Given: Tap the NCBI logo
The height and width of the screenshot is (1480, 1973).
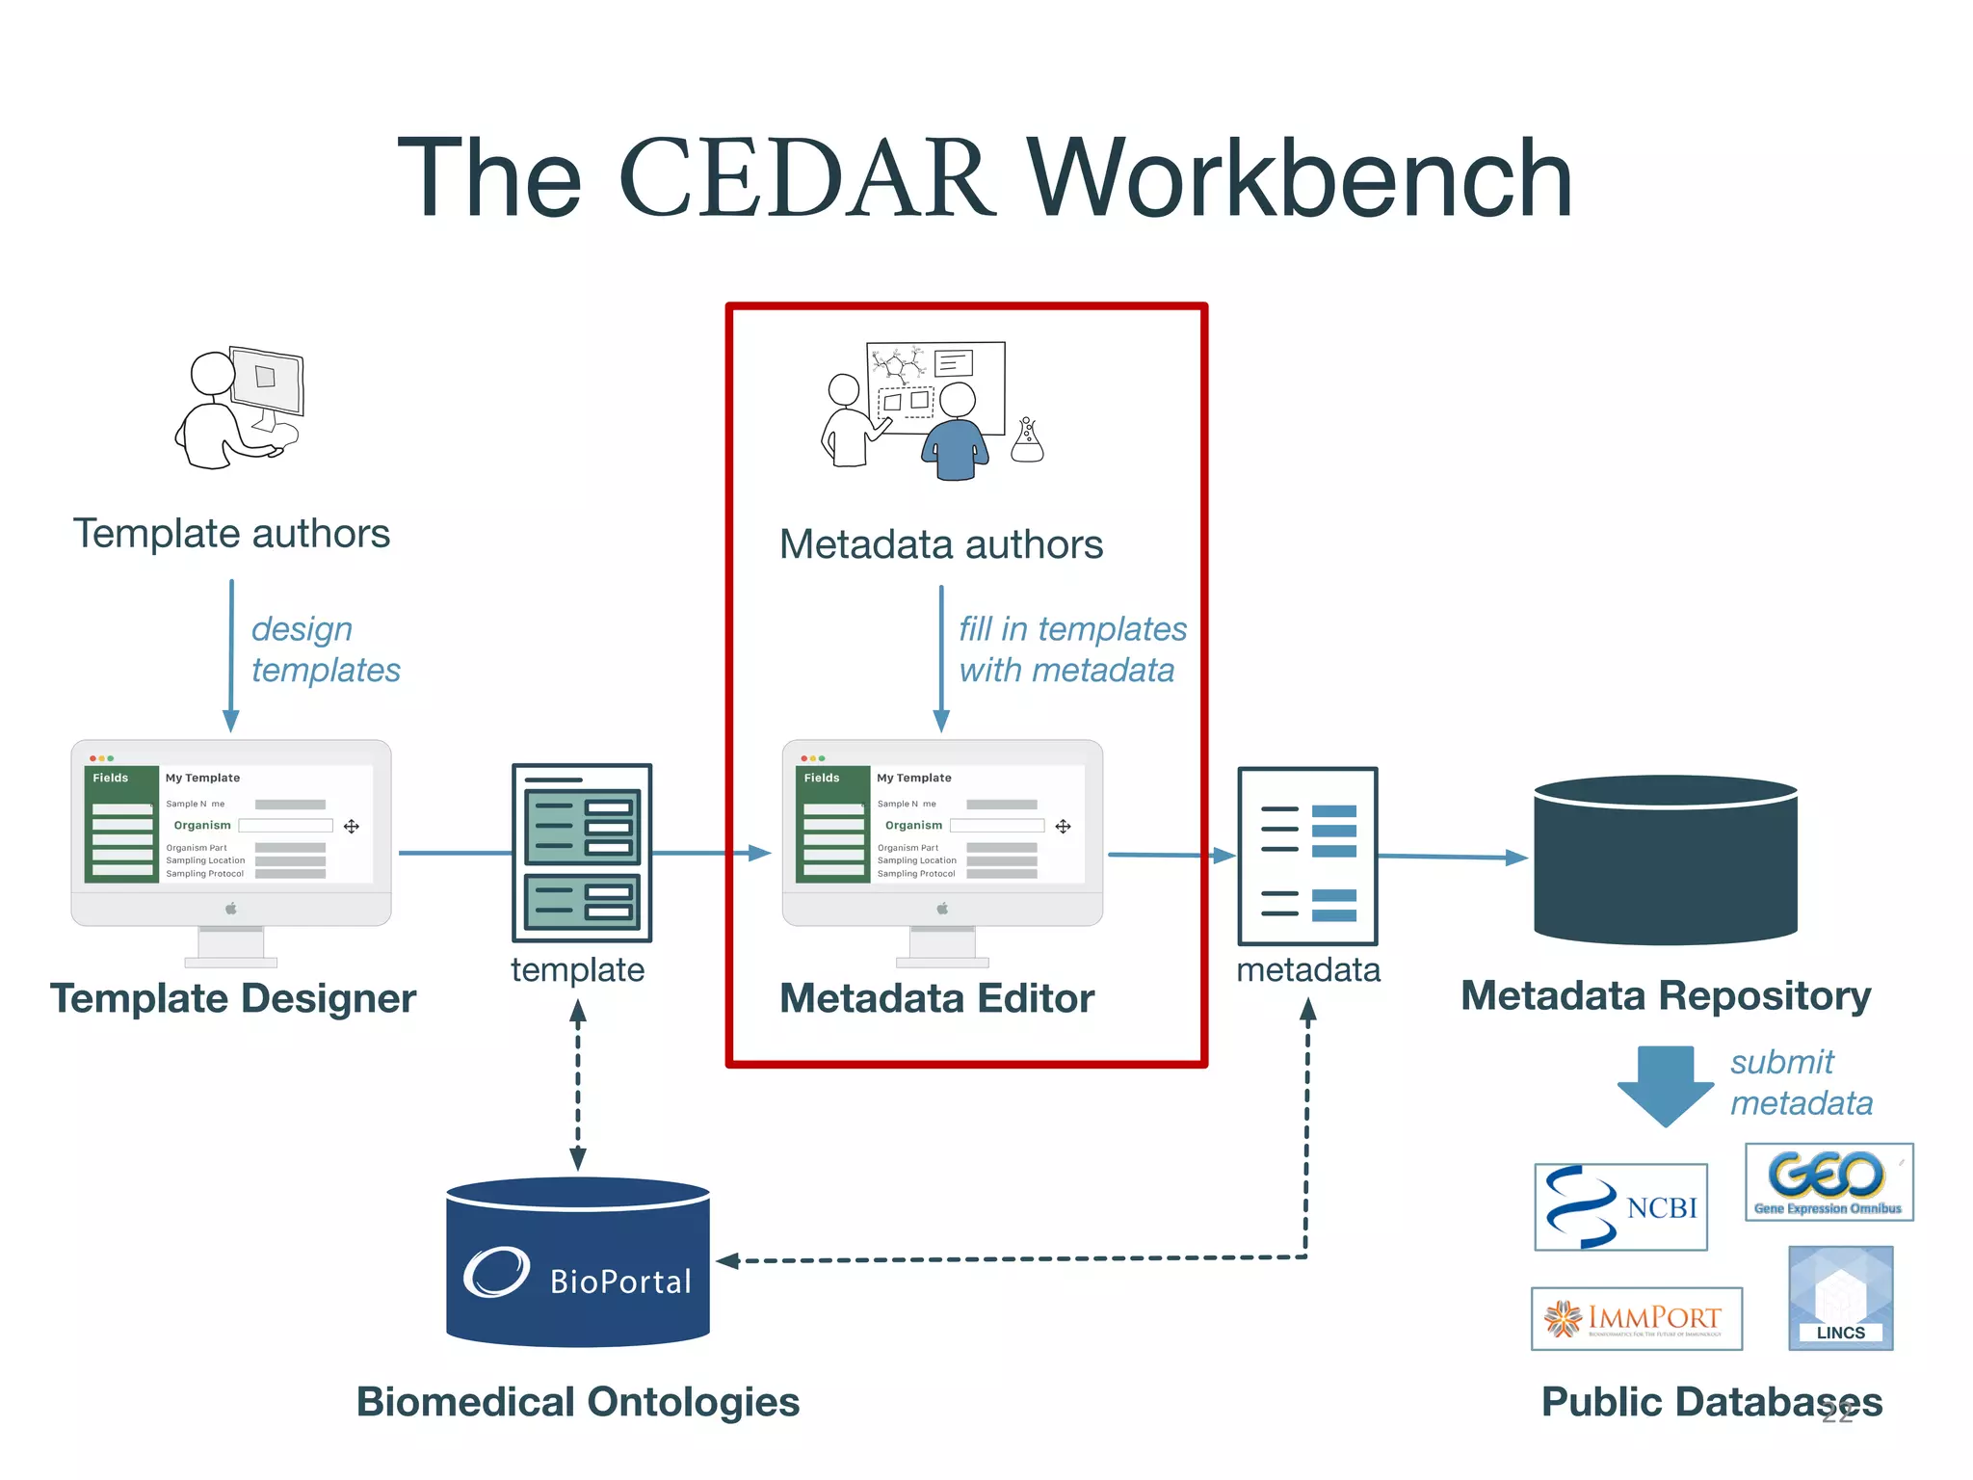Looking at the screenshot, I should [x=1620, y=1207].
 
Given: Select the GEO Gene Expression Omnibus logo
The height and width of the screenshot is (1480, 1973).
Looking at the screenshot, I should [x=1828, y=1182].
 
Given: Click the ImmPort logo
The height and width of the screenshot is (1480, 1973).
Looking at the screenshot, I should [x=1636, y=1318].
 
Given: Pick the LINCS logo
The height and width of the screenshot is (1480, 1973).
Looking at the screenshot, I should [x=1840, y=1298].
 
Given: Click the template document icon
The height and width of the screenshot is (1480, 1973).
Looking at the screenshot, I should [x=582, y=853].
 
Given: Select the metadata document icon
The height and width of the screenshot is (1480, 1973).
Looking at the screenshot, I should [x=1307, y=856].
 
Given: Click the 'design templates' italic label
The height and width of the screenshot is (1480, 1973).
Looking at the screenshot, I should [x=325, y=649].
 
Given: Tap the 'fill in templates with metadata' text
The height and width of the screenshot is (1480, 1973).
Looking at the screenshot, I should [x=1071, y=649].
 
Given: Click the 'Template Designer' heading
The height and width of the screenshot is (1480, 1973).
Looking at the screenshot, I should [x=233, y=998].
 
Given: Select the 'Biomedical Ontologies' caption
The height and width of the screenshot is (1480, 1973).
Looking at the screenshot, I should [x=577, y=1402].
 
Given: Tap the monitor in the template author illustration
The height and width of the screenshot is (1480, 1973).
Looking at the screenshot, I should [x=268, y=381].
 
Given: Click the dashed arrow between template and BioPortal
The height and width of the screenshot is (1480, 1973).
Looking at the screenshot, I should [x=578, y=1084].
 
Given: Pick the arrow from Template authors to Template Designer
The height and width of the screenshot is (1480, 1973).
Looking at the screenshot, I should [x=231, y=655].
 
